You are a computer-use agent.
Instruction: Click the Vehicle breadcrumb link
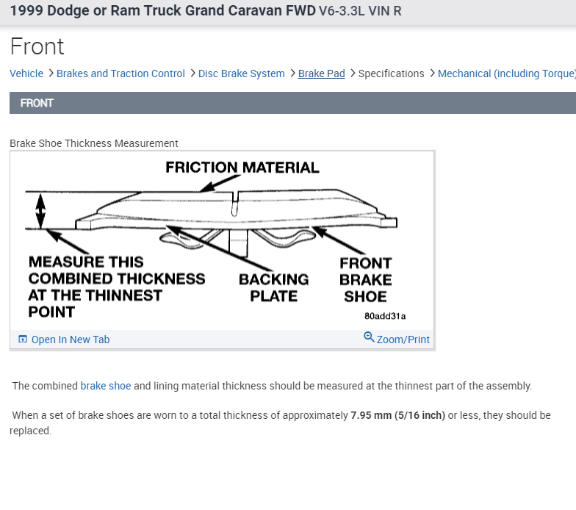point(26,73)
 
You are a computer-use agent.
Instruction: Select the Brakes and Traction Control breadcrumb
point(120,73)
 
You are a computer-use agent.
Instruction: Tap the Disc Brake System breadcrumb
point(241,73)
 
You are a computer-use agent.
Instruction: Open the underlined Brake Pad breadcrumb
point(321,73)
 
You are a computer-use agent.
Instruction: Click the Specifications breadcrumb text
point(391,73)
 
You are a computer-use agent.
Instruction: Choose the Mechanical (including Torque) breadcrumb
point(506,73)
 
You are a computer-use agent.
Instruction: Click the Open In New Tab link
point(70,340)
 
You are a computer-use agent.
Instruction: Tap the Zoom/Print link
point(403,340)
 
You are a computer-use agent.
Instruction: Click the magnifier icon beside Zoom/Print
point(369,337)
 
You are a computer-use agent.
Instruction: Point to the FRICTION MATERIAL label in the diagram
point(242,168)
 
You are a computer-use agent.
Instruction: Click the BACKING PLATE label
point(273,287)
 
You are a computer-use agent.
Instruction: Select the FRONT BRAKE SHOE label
point(365,280)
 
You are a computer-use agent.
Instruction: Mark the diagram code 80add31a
point(384,316)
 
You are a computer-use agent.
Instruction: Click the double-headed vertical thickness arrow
point(41,209)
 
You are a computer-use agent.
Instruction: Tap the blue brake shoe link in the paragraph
point(105,386)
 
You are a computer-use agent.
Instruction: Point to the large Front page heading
point(37,47)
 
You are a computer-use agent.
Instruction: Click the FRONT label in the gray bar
point(37,103)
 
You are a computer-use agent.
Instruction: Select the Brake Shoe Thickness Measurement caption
point(93,143)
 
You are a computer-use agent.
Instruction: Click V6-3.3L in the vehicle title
point(345,12)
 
